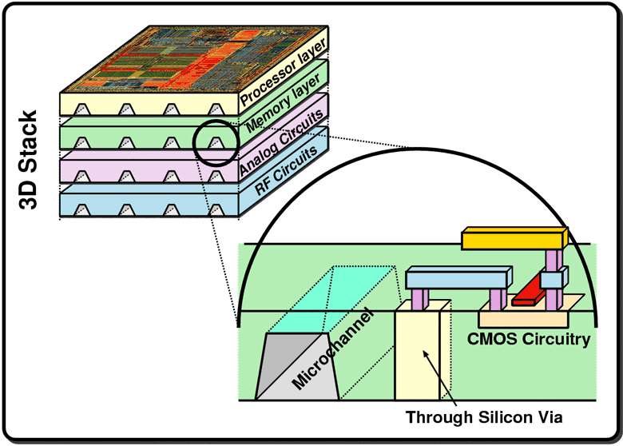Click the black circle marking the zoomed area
point(215,142)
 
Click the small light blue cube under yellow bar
point(552,281)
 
